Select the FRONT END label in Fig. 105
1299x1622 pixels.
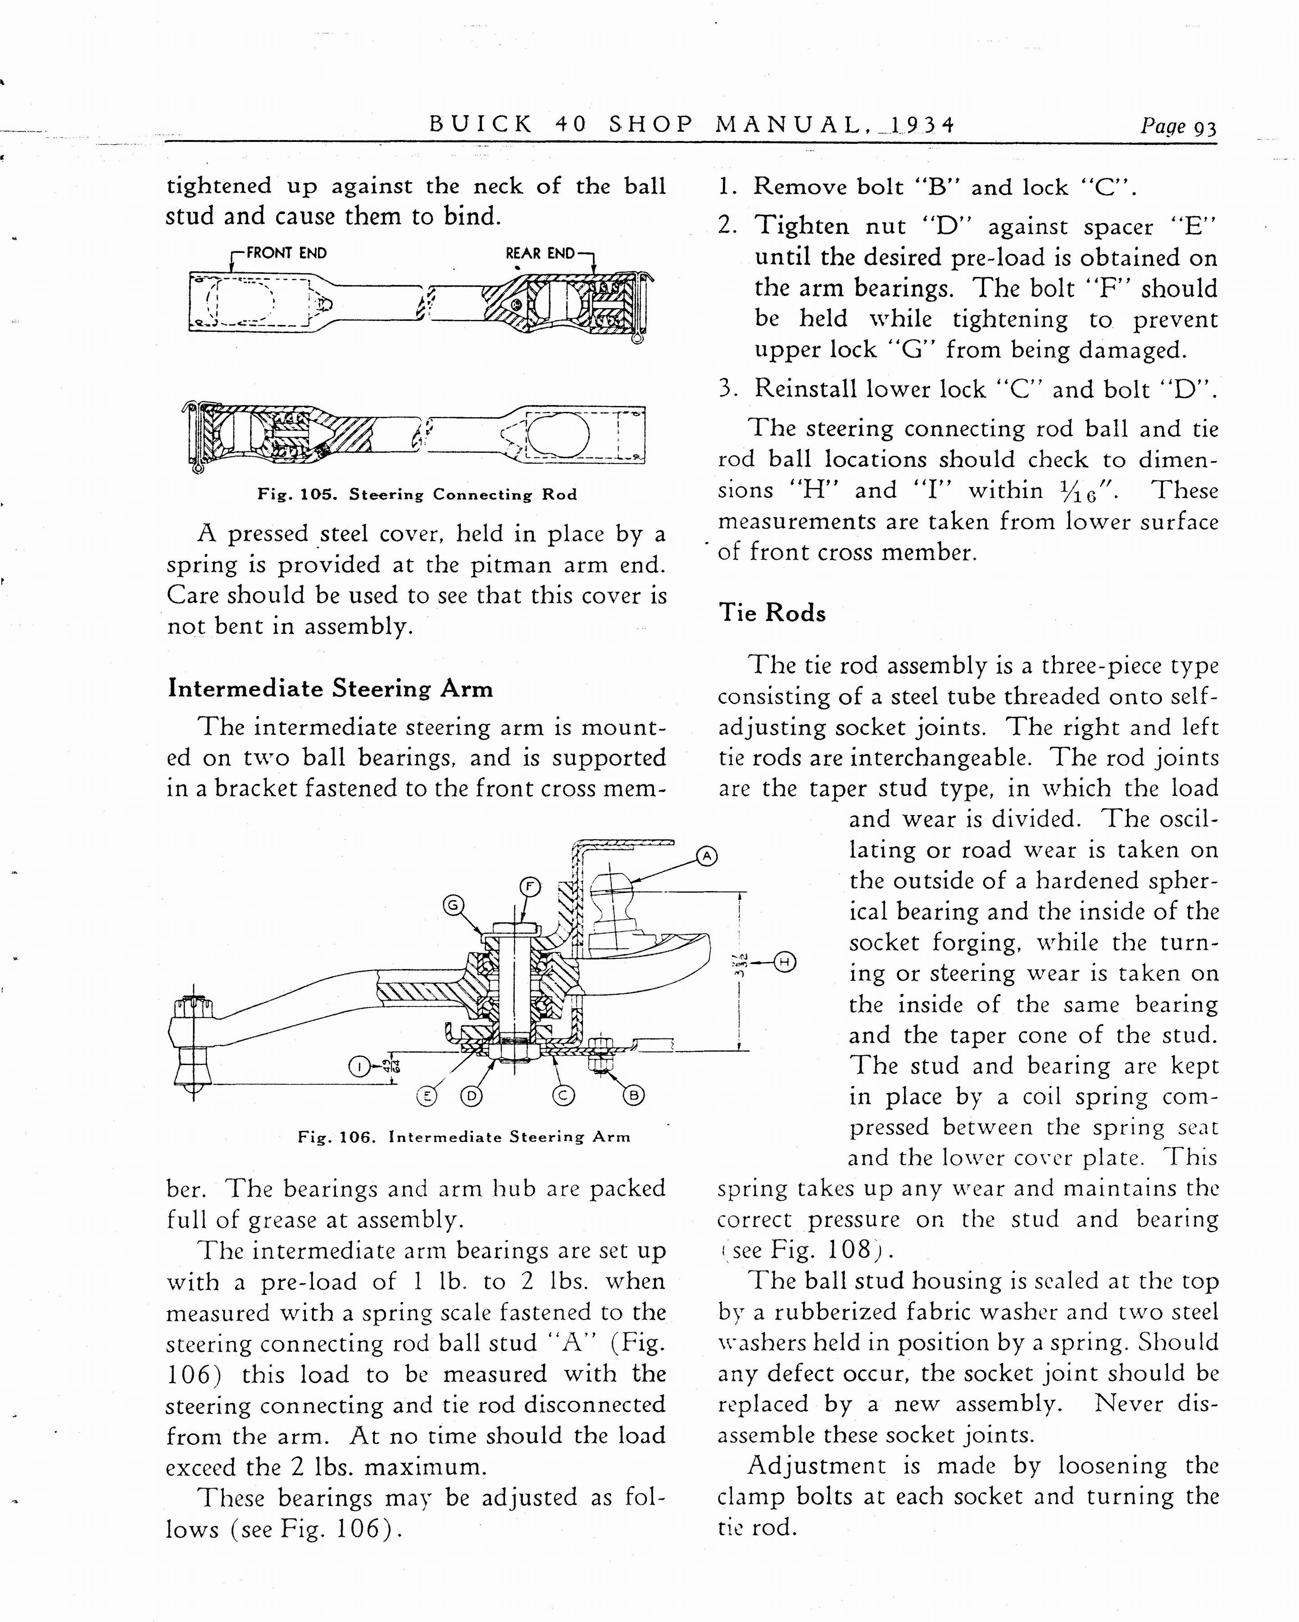point(286,254)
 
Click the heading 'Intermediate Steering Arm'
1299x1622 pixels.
point(330,688)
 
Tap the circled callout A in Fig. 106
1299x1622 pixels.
point(706,856)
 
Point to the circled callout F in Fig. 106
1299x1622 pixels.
point(530,887)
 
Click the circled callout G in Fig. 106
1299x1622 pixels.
point(453,905)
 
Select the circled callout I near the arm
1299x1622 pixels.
point(359,1066)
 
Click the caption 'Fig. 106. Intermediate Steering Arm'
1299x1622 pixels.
point(463,1137)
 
